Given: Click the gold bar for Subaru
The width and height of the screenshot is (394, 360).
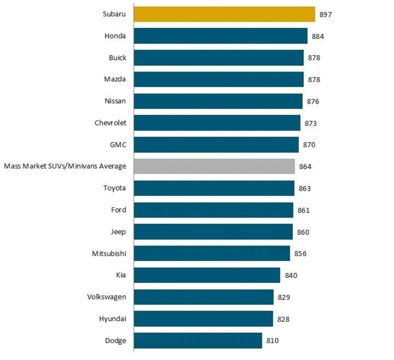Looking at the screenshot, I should pos(224,14).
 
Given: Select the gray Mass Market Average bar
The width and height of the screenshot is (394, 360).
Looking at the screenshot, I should pos(214,167).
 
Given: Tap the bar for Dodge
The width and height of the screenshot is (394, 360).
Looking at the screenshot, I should pos(198,340).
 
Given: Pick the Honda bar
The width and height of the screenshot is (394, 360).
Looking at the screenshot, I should pos(220,36).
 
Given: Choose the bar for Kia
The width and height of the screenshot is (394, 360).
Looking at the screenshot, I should pos(207,275).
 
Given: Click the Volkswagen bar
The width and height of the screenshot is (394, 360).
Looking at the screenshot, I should pos(204,297).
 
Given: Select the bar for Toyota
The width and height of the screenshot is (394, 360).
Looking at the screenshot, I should pos(214,188).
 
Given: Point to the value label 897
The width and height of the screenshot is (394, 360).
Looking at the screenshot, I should pos(326,15).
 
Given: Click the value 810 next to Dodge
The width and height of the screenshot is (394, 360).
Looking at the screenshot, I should pos(272,341).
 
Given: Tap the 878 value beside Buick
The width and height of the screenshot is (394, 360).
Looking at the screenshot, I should pos(314,58).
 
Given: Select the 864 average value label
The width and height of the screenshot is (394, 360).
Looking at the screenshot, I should pos(305,167).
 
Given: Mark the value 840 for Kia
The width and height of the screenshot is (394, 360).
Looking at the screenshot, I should pos(291,275).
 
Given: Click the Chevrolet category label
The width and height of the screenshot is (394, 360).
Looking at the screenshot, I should pos(110,123).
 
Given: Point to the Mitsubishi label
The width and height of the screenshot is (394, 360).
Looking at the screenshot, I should pos(109,253).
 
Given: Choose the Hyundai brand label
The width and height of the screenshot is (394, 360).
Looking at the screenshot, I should pos(113,319).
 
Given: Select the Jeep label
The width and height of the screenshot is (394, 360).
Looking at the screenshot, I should pos(118,232).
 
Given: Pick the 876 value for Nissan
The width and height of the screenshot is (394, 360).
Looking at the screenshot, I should pos(313,102).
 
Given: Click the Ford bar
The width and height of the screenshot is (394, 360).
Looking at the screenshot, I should pos(214,210).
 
